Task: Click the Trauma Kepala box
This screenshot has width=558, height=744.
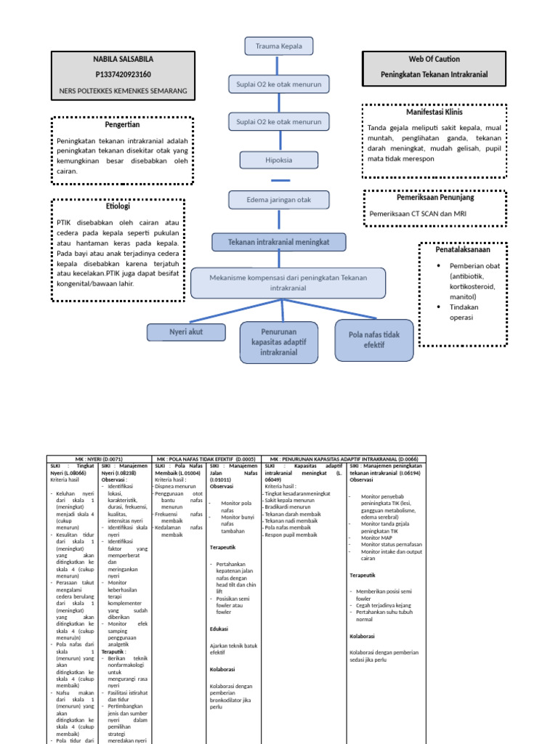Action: (x=279, y=46)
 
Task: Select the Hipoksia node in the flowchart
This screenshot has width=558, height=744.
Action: (x=279, y=158)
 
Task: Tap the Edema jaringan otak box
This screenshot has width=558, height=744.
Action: (x=279, y=199)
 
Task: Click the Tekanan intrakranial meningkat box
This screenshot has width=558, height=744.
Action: (x=279, y=242)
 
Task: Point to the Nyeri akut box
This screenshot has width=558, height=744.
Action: (x=186, y=333)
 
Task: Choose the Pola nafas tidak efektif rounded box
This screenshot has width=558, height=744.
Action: (x=373, y=340)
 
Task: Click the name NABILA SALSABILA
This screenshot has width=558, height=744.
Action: (x=123, y=59)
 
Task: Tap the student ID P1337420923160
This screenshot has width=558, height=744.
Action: (x=123, y=74)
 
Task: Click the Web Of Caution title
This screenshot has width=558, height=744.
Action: (x=434, y=59)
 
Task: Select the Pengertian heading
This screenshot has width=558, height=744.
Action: (x=123, y=125)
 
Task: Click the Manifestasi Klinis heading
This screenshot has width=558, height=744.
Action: (x=434, y=113)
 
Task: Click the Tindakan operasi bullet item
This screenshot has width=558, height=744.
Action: (x=469, y=312)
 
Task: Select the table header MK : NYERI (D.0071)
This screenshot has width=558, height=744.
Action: (x=100, y=459)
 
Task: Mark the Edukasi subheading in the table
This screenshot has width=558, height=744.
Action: (x=219, y=628)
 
